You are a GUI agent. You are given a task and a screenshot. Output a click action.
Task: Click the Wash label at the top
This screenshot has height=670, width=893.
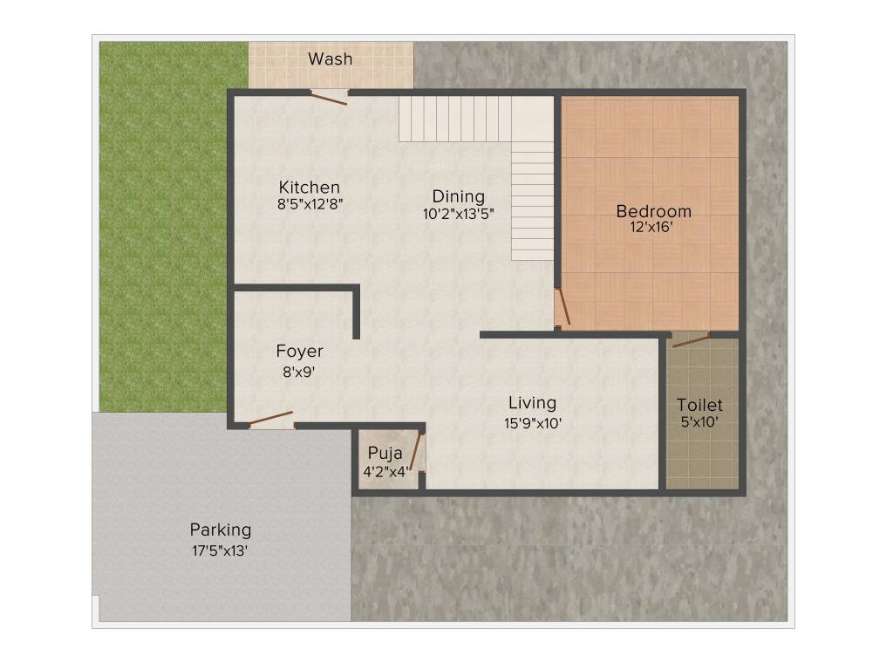(331, 59)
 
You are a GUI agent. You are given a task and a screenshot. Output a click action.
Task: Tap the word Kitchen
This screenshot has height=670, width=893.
(310, 188)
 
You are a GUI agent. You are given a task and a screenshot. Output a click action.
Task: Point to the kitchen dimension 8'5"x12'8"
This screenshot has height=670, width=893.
(310, 205)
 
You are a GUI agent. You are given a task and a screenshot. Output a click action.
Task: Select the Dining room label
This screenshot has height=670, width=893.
(459, 196)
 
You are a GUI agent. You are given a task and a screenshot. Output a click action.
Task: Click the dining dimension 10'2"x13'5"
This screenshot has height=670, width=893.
(459, 214)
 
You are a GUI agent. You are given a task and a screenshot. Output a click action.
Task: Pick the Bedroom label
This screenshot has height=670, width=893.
(653, 211)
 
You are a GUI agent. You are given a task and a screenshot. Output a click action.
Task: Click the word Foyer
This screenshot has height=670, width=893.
(299, 352)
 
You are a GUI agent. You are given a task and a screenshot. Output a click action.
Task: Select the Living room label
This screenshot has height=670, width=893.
(532, 403)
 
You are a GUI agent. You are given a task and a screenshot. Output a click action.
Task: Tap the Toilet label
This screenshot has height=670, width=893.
(700, 406)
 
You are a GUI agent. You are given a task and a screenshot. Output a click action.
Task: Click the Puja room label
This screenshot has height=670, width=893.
(385, 453)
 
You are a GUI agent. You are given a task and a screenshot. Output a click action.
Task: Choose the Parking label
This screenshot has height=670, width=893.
(221, 530)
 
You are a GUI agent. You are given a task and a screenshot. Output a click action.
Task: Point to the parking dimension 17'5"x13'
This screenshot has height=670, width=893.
(221, 550)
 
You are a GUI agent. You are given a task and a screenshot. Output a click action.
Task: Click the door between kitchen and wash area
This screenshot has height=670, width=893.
(331, 97)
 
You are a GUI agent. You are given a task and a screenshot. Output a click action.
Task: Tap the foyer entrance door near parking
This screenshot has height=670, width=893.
(271, 420)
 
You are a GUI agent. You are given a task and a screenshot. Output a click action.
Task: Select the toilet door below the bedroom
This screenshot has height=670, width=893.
(691, 339)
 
